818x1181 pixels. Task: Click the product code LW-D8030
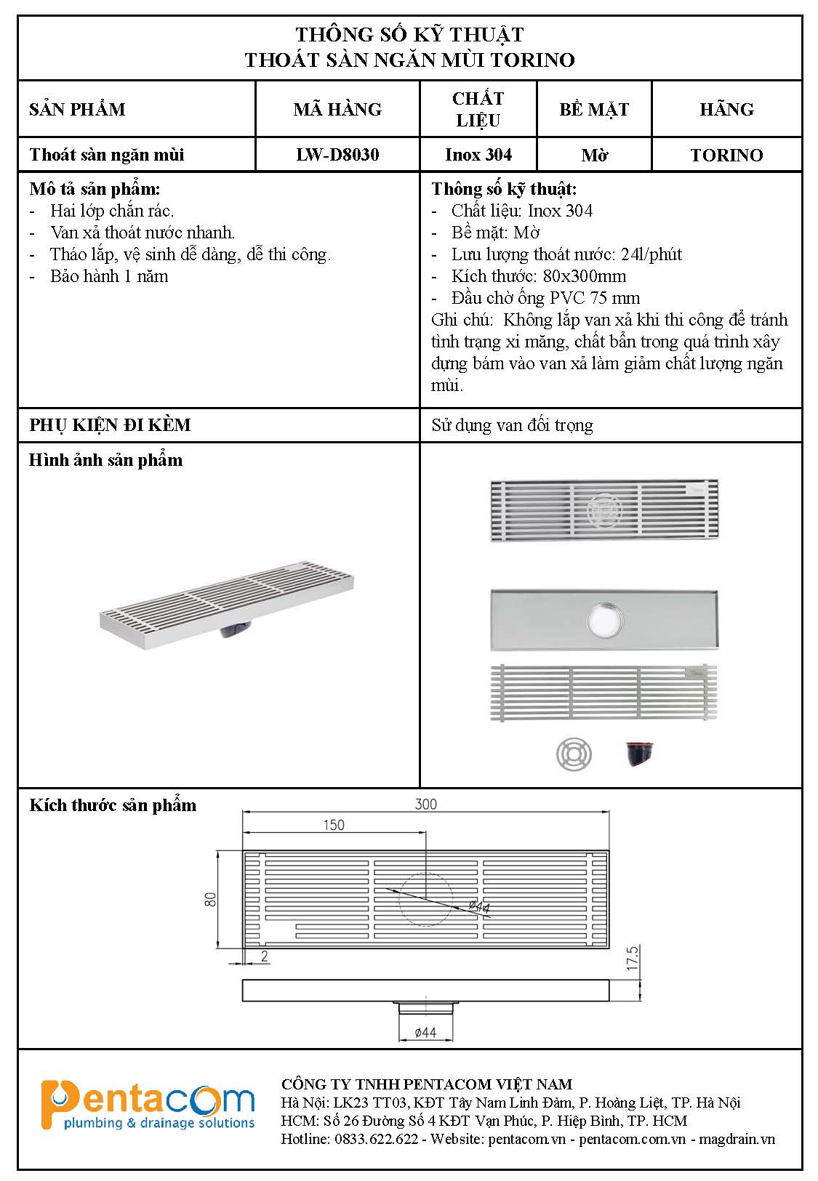coord(337,155)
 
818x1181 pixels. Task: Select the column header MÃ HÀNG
coord(337,109)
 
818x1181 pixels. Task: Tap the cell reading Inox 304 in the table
coord(478,155)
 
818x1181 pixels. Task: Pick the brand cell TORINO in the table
coord(726,155)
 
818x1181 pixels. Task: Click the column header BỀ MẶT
coord(594,109)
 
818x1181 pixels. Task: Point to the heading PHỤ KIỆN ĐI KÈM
coord(110,425)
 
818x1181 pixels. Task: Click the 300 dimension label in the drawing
coord(426,804)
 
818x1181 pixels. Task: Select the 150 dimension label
coord(333,825)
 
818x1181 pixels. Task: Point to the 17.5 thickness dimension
coord(632,959)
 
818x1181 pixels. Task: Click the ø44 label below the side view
coord(425,1032)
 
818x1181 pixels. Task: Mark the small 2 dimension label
coord(265,956)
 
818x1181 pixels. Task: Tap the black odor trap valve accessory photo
coord(639,754)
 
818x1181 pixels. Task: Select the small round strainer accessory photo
coord(574,754)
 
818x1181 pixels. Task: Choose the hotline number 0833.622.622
coord(377,1139)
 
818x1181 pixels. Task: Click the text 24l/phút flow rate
coord(651,254)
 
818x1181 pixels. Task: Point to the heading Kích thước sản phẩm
coord(113,805)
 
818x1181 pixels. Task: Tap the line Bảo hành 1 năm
coord(109,276)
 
